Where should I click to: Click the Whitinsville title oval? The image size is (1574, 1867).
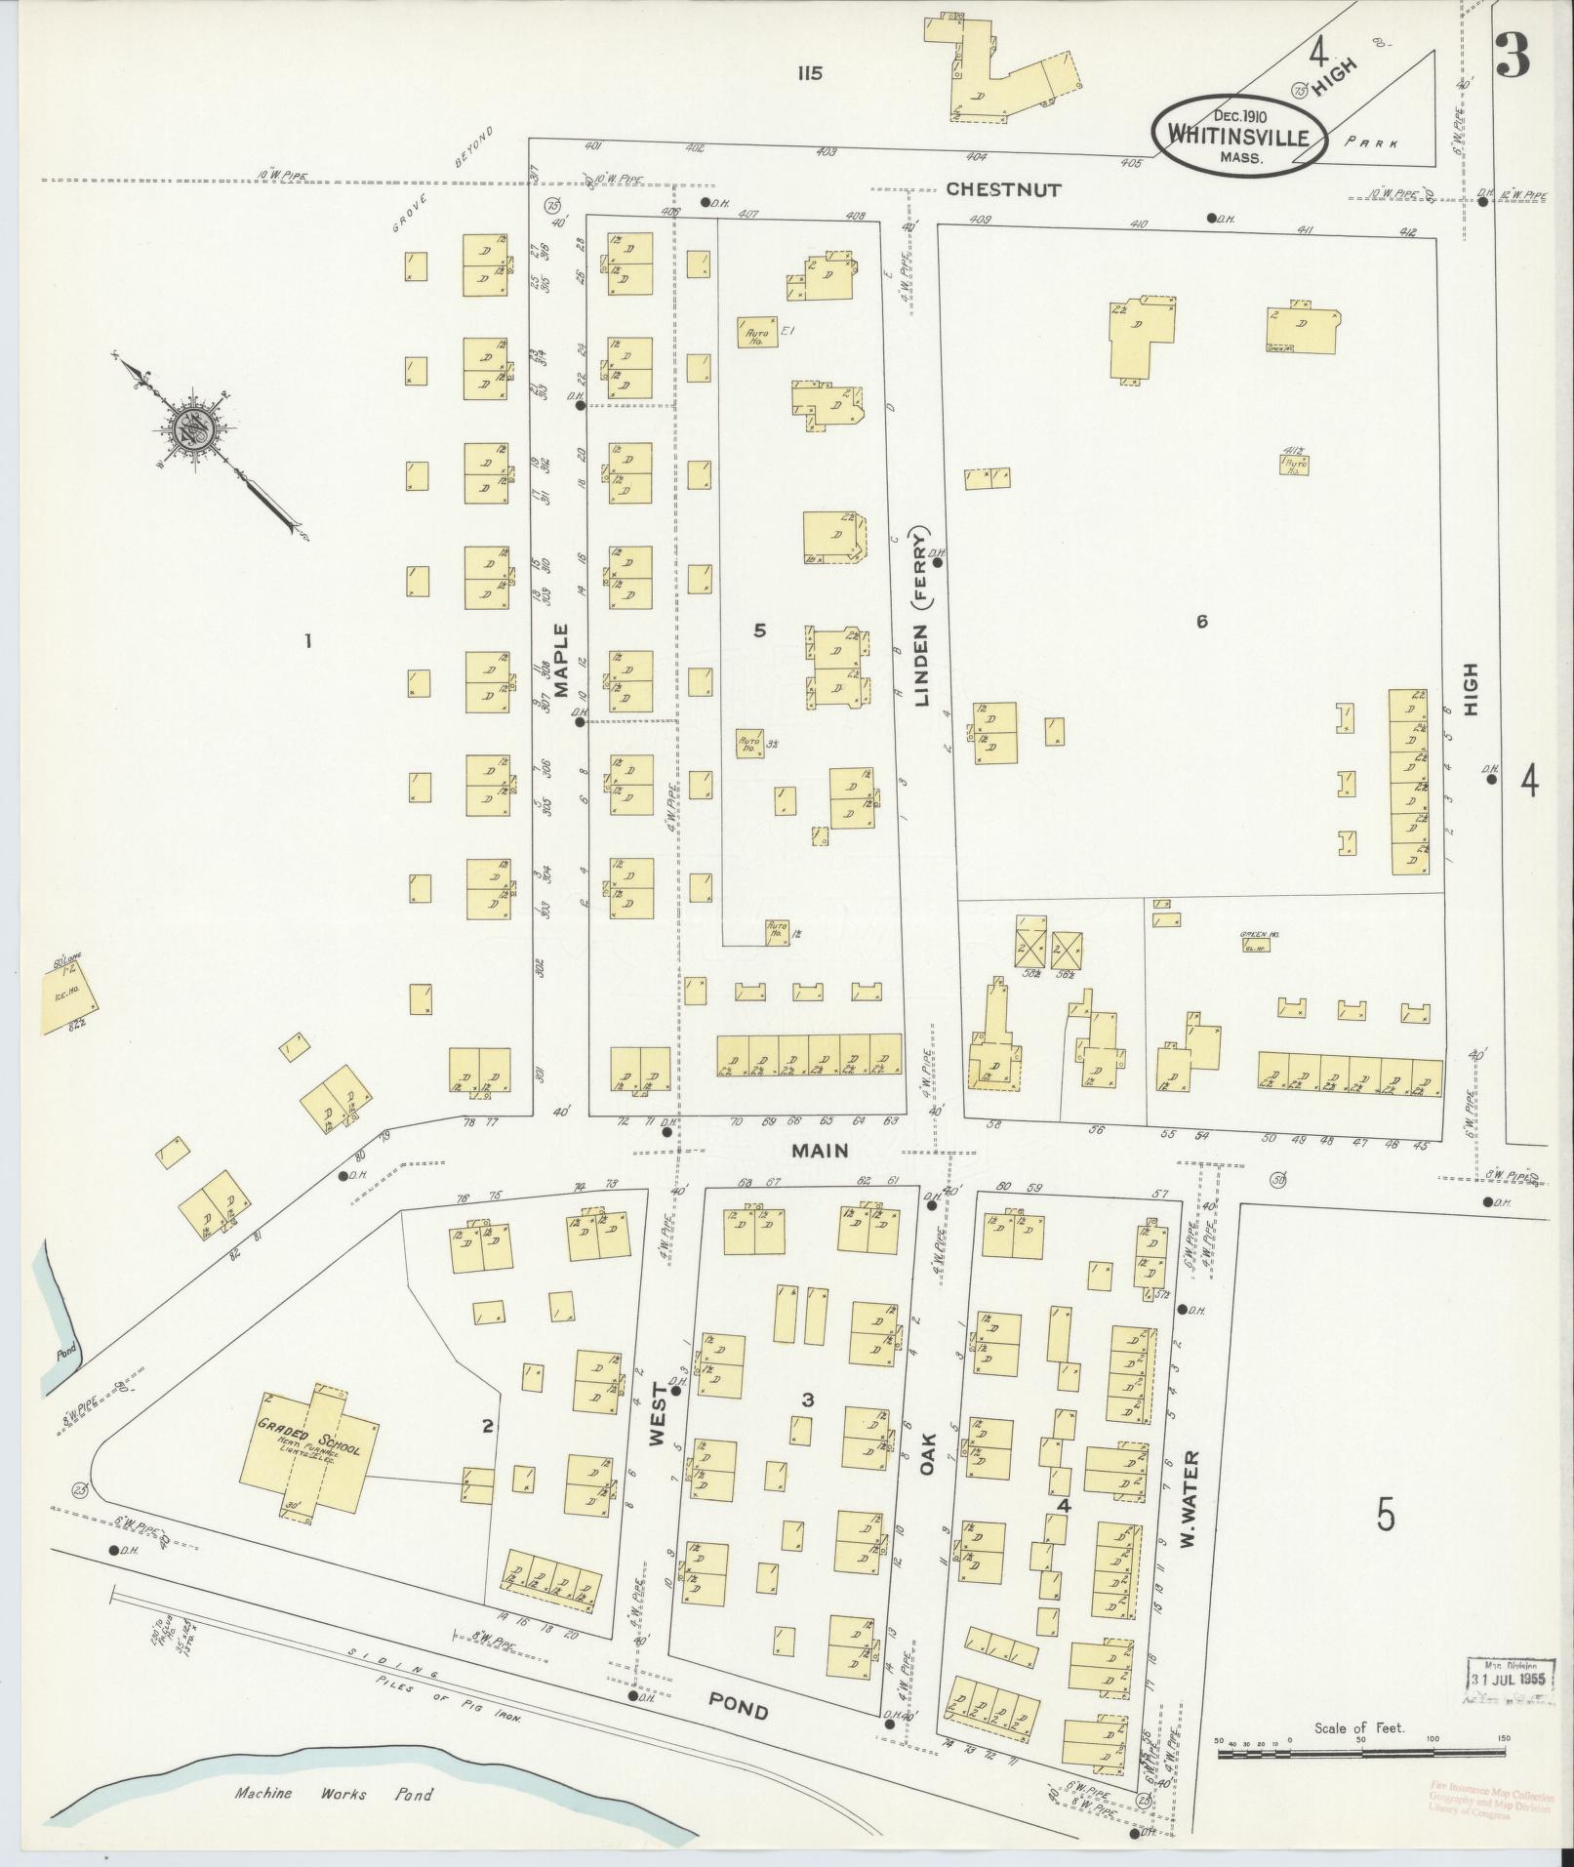(x=1238, y=137)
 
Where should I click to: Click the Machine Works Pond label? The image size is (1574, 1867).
(x=333, y=1794)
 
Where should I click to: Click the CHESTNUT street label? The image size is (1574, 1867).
(x=1003, y=189)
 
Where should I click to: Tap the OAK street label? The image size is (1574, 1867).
(x=925, y=1452)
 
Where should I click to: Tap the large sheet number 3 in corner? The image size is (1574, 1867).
(x=1512, y=55)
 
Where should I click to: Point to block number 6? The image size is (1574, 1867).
(x=1201, y=621)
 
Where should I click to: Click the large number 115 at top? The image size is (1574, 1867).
(x=809, y=72)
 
